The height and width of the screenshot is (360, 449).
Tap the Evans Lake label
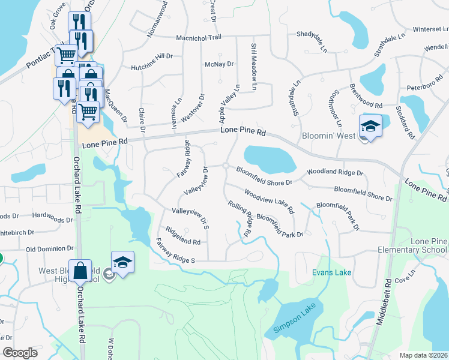332,273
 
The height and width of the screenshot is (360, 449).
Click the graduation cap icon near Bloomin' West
370,126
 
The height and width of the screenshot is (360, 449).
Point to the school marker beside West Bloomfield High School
122,262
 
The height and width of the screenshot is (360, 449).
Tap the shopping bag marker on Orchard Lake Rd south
80,271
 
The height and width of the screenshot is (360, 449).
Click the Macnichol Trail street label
199,37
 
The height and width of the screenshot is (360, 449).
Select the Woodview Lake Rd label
269,202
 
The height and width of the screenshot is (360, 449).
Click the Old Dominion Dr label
49,248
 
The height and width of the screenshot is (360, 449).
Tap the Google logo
20,353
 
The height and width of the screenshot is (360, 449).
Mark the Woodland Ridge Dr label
335,172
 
